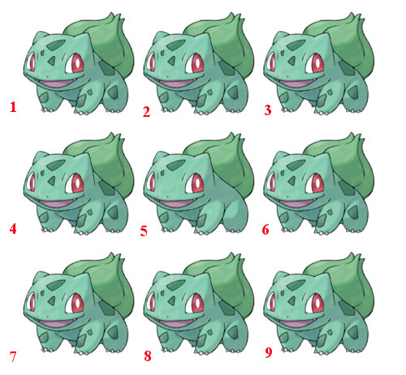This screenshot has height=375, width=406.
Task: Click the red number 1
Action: (13, 107)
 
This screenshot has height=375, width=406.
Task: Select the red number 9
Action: (268, 352)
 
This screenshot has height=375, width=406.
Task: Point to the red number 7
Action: (13, 356)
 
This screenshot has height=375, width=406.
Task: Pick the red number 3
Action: (268, 110)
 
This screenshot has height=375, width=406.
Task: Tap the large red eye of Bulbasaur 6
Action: (315, 183)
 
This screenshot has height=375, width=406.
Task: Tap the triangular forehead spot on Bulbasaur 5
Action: (171, 180)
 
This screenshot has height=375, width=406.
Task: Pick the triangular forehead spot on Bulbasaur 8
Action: (171, 300)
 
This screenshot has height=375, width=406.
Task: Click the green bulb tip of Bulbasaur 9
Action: (358, 256)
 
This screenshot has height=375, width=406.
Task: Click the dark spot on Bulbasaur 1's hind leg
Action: (113, 93)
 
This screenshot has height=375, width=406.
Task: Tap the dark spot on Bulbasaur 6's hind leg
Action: (353, 212)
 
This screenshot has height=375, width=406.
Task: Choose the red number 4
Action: (13, 229)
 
